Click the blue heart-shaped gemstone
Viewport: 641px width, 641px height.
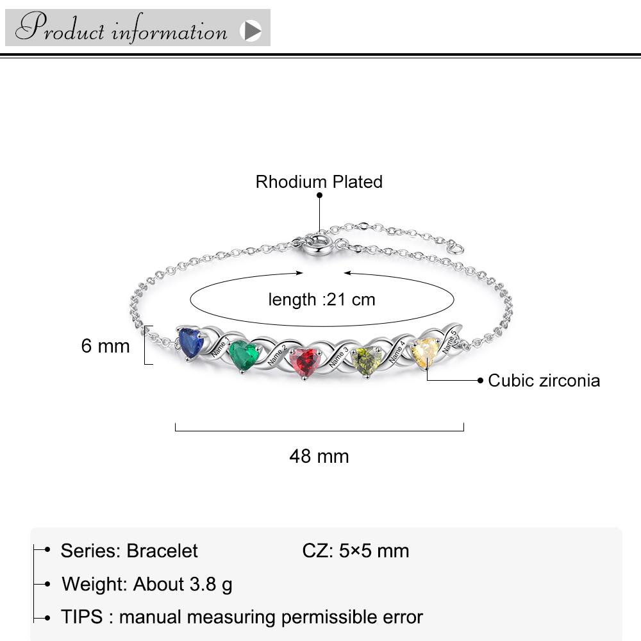click(x=190, y=342)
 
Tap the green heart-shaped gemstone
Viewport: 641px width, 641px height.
click(x=244, y=355)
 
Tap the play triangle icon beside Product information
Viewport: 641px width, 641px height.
click(x=251, y=31)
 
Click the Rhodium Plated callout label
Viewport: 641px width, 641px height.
click(x=319, y=182)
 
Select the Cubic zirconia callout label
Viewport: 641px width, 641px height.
click(x=544, y=381)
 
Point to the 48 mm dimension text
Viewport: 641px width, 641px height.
click(x=319, y=456)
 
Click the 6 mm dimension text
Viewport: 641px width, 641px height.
click(x=106, y=346)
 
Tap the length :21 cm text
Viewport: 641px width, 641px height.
click(x=322, y=299)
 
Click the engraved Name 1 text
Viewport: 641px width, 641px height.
click(x=221, y=347)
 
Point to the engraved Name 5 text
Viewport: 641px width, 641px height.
click(x=449, y=342)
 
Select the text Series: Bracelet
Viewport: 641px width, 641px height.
click(x=129, y=551)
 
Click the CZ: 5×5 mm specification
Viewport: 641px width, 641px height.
click(x=356, y=551)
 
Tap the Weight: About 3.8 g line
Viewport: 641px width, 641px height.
click(x=147, y=584)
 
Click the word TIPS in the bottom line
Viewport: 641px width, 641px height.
click(x=82, y=617)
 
